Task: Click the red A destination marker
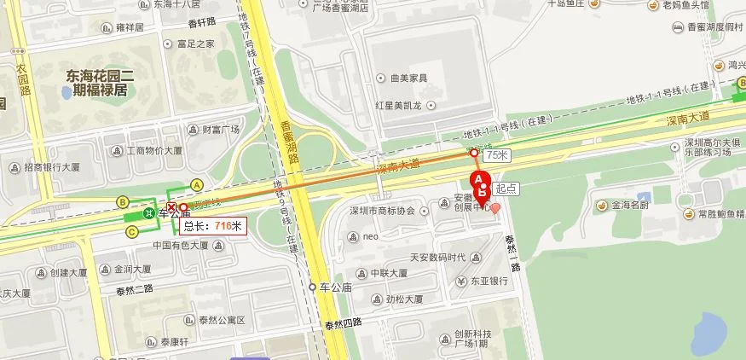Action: [x=478, y=178]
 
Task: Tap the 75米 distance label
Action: [x=495, y=155]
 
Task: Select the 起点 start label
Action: [x=506, y=187]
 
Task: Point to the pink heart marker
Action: [x=494, y=208]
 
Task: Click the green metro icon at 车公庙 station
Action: [x=149, y=213]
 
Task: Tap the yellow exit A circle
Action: [x=197, y=184]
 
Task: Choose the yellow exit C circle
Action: [x=131, y=231]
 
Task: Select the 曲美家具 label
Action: [x=408, y=78]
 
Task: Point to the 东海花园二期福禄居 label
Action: [x=96, y=82]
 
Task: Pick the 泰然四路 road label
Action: [x=342, y=323]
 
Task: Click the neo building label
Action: [x=370, y=235]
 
